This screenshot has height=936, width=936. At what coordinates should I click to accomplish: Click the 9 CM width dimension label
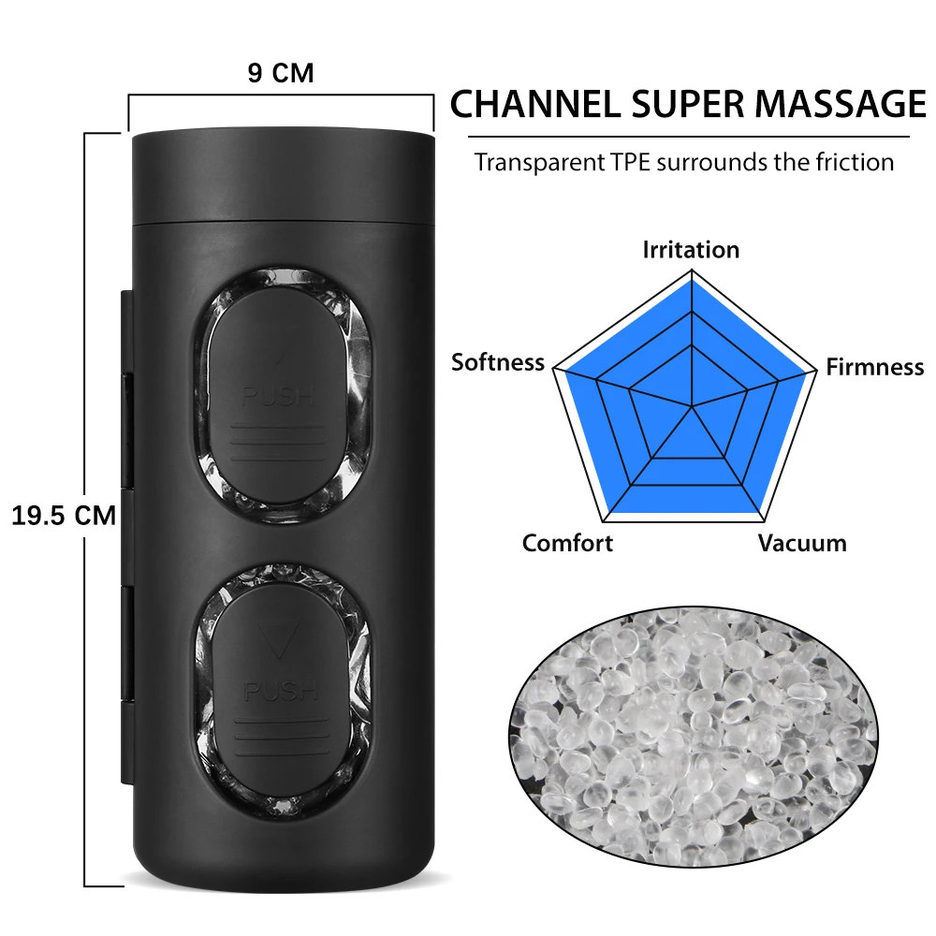click(x=280, y=73)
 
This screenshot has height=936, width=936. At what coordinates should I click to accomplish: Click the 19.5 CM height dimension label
click(x=63, y=515)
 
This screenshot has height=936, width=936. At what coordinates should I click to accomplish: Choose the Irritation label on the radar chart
click(x=691, y=250)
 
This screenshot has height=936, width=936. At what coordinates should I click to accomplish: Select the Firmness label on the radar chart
click(x=874, y=367)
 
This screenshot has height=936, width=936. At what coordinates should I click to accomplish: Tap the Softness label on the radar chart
click(x=498, y=362)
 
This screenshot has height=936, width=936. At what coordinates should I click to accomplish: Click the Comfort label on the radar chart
click(x=567, y=543)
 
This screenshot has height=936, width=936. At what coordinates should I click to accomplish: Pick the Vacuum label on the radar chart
click(x=802, y=543)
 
